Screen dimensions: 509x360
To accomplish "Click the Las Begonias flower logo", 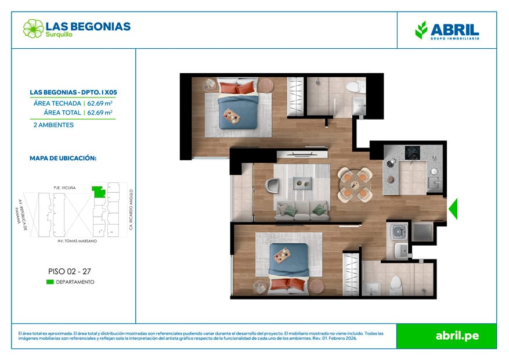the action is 33,28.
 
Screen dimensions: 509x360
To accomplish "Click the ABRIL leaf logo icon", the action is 421,30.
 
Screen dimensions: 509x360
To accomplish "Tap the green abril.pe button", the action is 447,336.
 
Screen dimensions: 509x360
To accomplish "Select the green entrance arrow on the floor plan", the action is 453,208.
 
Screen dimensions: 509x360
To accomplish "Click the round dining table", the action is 355,185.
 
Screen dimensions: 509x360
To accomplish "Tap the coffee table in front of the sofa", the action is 302,183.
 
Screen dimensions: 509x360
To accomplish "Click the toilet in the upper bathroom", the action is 355,87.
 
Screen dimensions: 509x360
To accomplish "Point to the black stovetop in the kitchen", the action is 412,153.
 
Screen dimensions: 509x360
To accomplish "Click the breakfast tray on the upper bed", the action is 232,116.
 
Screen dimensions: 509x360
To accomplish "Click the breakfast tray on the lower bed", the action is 282,255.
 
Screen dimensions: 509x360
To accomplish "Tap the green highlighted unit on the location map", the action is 99,192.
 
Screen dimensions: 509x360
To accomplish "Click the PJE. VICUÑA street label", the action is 64,188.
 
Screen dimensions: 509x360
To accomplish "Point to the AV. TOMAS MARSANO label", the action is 77,241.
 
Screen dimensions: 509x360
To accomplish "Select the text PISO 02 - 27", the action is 70,271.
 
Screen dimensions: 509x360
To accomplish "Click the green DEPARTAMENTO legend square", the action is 50,282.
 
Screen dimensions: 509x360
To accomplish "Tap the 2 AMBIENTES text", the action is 53,125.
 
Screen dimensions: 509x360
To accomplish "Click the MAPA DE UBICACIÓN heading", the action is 63,159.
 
